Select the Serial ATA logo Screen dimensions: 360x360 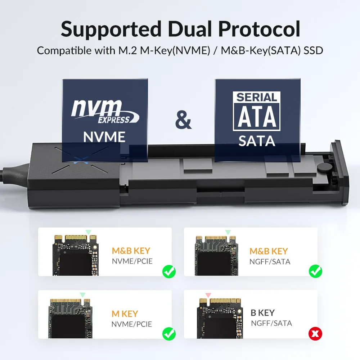[257, 111]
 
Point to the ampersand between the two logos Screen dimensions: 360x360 [183, 121]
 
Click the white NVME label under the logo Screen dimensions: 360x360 [104, 137]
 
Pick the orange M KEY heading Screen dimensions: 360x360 [125, 314]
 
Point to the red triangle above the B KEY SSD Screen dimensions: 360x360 [208, 295]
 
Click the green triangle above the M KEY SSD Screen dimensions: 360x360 [83, 295]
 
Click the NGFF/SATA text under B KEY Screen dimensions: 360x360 [271, 323]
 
